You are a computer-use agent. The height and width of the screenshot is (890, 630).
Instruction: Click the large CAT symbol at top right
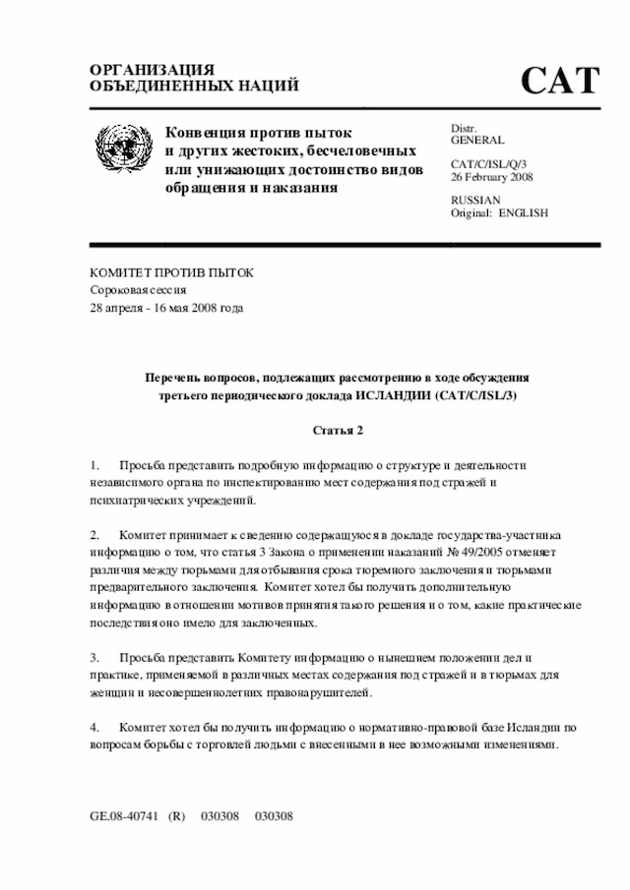coord(559,80)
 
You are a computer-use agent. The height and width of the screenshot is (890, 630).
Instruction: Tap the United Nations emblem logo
coord(124,149)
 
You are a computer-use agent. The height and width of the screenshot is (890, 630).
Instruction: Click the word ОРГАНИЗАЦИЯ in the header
coord(152,70)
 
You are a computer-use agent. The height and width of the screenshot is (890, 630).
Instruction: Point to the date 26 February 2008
coord(492,177)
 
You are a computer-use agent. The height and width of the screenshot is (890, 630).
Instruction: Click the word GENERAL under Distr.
coord(477,142)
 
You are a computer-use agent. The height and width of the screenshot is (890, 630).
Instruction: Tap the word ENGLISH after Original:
coord(524,213)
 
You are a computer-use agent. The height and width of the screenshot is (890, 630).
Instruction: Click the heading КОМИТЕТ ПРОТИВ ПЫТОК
coord(171,271)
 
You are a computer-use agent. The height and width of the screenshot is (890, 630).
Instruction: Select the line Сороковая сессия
coord(138,289)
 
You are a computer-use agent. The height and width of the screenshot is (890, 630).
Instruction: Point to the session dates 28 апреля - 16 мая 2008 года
coord(166,307)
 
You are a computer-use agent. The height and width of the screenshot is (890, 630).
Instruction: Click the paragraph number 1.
coord(94,464)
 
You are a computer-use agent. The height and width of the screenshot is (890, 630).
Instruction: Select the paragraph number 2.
coord(94,535)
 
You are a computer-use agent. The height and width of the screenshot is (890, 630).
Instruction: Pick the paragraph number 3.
coord(94,656)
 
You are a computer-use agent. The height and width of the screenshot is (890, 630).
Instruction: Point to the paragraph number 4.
coord(94,727)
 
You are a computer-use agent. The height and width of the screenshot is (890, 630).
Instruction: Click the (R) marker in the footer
coord(177,817)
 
